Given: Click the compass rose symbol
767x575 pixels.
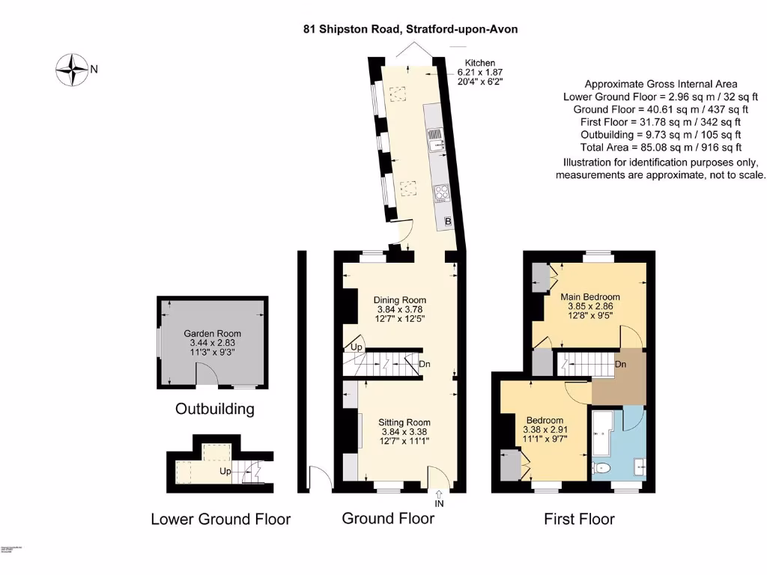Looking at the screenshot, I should click(x=73, y=70).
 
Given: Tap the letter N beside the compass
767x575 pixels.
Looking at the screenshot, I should click(x=94, y=70).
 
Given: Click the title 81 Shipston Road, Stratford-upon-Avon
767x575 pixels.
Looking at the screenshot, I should click(x=410, y=29).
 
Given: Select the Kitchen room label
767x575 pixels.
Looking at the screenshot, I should click(x=480, y=63).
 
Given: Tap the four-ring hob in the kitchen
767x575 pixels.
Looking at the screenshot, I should click(x=441, y=194).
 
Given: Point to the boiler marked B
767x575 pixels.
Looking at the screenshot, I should click(x=448, y=222).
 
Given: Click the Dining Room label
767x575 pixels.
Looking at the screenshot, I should click(x=399, y=300).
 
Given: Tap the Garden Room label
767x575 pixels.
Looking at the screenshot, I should click(x=213, y=333).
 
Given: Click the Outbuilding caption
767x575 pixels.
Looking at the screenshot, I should click(x=214, y=409).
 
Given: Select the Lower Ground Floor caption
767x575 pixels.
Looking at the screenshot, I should click(x=220, y=519).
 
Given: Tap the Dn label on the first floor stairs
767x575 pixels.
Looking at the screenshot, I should click(x=620, y=364).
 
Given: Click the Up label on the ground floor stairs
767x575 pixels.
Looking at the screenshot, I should click(x=357, y=348).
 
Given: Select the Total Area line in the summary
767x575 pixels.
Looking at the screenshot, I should click(x=661, y=147).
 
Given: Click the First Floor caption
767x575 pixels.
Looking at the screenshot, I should click(x=579, y=519).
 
